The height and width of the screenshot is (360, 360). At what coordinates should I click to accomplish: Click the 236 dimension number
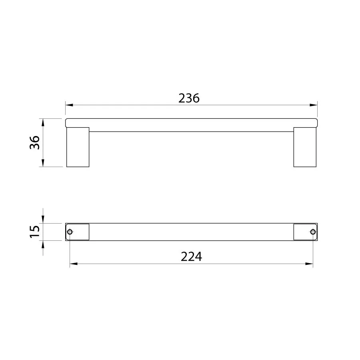click(x=189, y=98)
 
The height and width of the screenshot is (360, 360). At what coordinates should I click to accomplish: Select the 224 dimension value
click(x=191, y=257)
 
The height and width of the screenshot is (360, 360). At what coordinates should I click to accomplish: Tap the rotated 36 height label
click(x=35, y=142)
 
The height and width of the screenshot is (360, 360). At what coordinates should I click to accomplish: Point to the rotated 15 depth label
click(x=35, y=232)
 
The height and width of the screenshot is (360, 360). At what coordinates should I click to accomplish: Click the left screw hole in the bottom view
click(x=70, y=232)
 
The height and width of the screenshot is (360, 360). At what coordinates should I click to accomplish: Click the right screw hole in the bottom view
click(x=313, y=232)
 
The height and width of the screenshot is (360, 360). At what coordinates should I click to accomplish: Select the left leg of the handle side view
click(x=78, y=147)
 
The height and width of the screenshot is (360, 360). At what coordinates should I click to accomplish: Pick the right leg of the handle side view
click(x=305, y=147)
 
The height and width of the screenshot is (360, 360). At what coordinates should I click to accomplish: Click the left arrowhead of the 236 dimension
click(x=69, y=105)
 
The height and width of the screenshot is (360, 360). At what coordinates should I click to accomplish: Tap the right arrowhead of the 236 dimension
click(x=314, y=105)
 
